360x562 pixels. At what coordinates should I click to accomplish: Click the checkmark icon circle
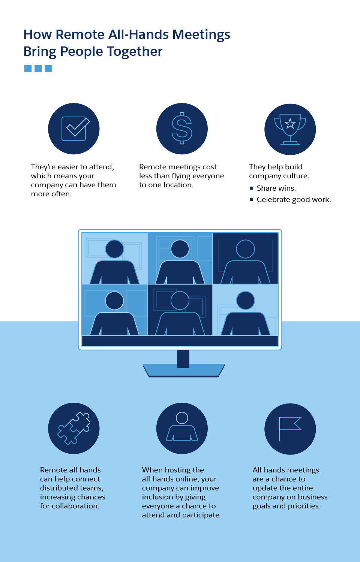(x=74, y=129)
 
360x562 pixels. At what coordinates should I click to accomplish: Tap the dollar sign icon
(x=182, y=129)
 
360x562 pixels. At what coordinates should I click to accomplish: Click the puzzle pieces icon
(x=74, y=428)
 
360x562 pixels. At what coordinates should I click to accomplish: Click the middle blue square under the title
(x=38, y=69)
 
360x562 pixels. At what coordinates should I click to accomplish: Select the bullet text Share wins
(x=276, y=188)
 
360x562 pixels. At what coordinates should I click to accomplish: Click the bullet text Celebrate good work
(x=293, y=199)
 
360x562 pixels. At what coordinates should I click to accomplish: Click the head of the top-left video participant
(x=114, y=249)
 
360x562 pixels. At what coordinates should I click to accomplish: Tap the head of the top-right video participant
(x=246, y=249)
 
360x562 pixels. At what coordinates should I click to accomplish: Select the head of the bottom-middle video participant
(x=180, y=300)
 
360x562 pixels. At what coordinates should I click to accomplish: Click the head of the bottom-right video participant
(x=246, y=300)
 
